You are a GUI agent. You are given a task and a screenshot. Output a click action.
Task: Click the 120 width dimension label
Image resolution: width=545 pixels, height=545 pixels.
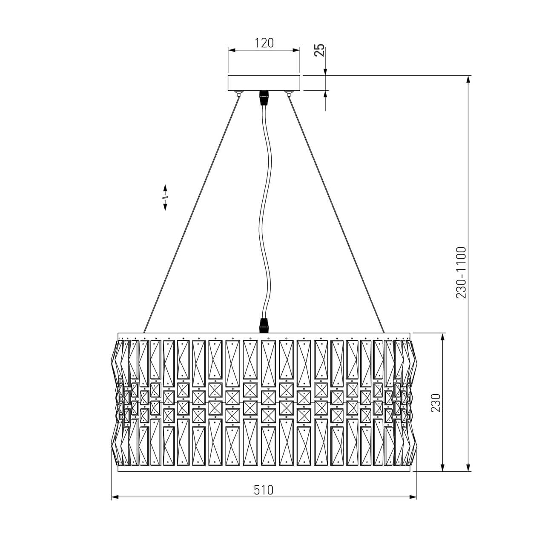[264, 43]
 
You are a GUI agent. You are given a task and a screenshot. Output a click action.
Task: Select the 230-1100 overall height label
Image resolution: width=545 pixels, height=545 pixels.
[461, 272]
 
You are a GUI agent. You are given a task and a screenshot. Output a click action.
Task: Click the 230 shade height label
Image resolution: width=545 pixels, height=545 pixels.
[436, 403]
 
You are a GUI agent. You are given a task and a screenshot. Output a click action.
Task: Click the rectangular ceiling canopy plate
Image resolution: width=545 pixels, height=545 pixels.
[264, 83]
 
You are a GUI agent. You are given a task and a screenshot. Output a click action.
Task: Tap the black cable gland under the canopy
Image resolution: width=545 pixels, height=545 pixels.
[264, 98]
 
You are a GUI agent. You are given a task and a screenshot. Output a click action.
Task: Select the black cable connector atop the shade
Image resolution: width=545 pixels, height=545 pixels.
[264, 326]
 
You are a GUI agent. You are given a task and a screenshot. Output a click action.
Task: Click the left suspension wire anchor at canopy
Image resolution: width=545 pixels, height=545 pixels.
[238, 93]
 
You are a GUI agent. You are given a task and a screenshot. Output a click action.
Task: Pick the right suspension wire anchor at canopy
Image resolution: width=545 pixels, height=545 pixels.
[289, 93]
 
